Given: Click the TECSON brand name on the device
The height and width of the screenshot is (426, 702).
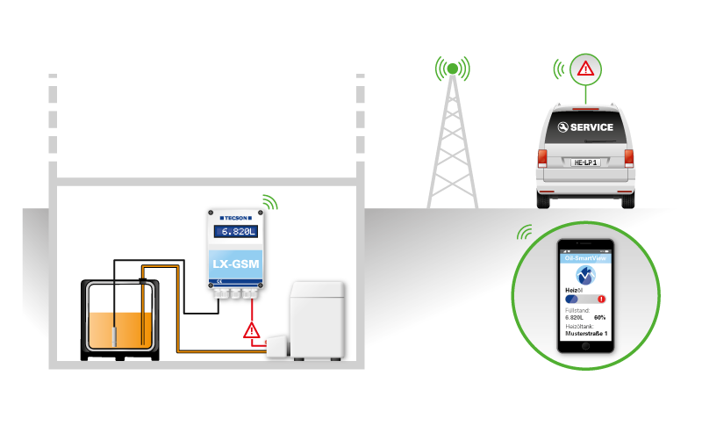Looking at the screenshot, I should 235,216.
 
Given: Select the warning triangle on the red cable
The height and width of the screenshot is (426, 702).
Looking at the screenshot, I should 252,331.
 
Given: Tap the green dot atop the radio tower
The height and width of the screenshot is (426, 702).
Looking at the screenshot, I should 452,68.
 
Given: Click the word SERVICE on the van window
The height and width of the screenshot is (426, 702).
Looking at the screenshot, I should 591,127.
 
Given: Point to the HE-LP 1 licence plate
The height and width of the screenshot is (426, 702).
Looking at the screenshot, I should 584,162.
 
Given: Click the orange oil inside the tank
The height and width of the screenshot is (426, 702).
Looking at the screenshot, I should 121,329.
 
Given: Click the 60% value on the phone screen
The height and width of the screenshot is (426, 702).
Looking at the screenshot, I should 600,317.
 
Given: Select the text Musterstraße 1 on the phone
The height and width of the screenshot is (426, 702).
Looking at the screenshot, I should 586,334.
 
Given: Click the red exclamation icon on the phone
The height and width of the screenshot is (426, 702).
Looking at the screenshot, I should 601,300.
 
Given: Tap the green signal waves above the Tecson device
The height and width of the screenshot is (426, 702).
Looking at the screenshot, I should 269,203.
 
